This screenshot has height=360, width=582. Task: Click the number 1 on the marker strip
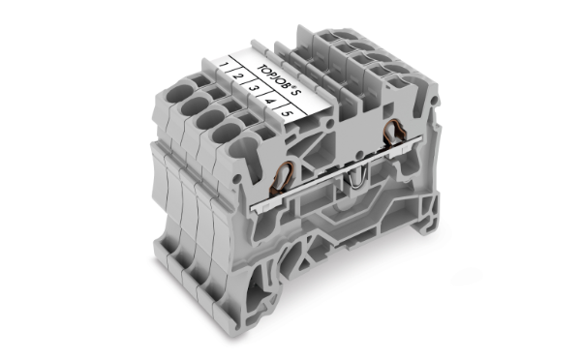tap(223, 65)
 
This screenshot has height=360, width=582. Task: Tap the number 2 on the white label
tap(237, 76)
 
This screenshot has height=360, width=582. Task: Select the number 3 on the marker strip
tap(253, 89)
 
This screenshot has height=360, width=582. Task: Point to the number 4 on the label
tap(269, 101)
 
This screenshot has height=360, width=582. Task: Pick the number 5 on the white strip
tap(287, 112)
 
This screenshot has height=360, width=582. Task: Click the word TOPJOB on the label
tap(273, 77)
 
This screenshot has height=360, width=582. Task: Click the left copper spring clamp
tap(284, 177)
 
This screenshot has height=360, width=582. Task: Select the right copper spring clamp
tap(394, 133)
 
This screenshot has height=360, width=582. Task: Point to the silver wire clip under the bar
tap(356, 178)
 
